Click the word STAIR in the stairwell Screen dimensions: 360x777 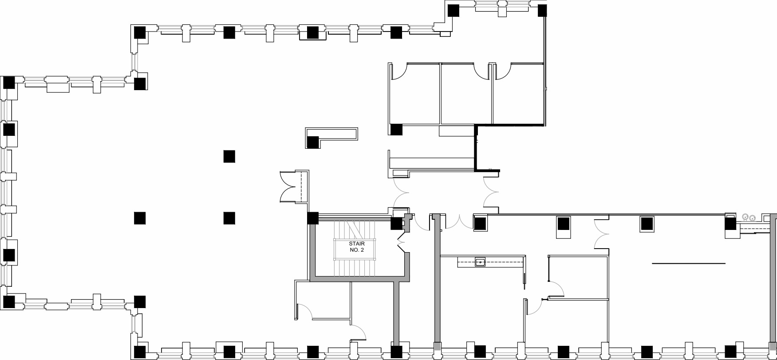356,244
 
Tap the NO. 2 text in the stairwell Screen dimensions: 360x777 356,250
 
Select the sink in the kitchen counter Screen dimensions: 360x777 480,262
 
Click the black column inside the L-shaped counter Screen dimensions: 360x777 313,142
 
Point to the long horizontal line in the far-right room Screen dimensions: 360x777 688,264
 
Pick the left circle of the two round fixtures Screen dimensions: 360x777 745,217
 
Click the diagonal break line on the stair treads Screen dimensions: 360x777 354,229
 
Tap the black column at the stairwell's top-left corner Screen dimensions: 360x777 313,218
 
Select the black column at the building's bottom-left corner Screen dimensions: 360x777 140,352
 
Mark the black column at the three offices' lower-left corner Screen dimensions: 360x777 396,130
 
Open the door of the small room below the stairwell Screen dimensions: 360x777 306,311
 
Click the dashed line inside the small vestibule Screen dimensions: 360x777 301,186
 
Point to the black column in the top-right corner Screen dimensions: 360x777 542,10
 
